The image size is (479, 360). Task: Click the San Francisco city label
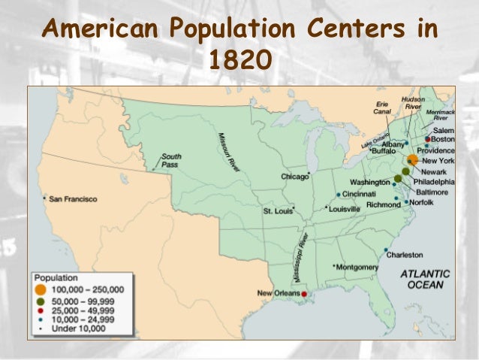click(x=74, y=199)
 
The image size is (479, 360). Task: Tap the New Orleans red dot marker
click(x=304, y=294)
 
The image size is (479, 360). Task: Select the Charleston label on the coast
click(x=405, y=254)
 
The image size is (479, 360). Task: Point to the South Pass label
click(x=171, y=159)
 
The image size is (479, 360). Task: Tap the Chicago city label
click(x=294, y=177)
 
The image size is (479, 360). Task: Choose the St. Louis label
click(x=277, y=210)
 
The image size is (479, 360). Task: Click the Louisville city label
click(x=349, y=209)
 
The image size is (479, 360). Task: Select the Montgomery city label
click(x=357, y=267)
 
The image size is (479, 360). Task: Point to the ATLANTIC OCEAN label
click(x=425, y=279)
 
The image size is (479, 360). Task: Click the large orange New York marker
click(x=412, y=161)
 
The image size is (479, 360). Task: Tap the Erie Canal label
click(x=383, y=107)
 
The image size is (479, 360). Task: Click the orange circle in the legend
click(x=41, y=289)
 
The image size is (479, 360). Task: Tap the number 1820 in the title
click(x=239, y=58)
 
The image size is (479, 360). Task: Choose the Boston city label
click(x=444, y=140)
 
